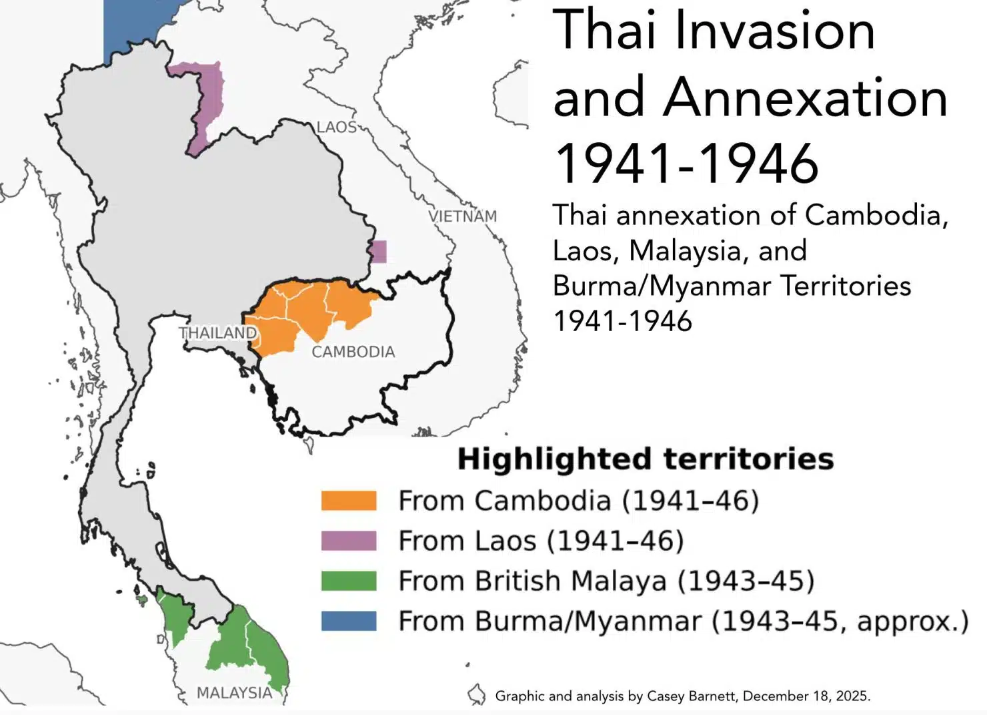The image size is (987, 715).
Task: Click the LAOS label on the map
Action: click(x=336, y=127)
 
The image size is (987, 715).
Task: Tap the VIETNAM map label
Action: click(x=463, y=216)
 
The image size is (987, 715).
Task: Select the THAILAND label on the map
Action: click(x=217, y=332)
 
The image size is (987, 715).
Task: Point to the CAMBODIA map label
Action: click(x=353, y=352)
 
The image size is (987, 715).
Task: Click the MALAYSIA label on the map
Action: click(x=234, y=693)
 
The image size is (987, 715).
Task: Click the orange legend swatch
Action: click(x=348, y=501)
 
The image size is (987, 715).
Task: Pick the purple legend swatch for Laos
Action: click(x=348, y=541)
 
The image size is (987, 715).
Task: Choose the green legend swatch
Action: click(x=348, y=581)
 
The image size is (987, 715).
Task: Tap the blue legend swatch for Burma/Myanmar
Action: click(x=348, y=621)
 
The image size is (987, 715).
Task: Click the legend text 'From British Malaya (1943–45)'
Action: click(x=606, y=581)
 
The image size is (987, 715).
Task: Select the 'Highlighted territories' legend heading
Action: click(x=645, y=459)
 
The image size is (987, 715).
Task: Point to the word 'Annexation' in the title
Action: click(x=805, y=97)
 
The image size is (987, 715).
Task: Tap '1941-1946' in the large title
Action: click(x=686, y=164)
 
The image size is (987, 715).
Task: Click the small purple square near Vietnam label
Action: click(x=378, y=252)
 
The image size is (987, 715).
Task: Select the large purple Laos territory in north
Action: click(x=207, y=100)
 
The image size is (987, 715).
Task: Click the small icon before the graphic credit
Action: click(x=476, y=695)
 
